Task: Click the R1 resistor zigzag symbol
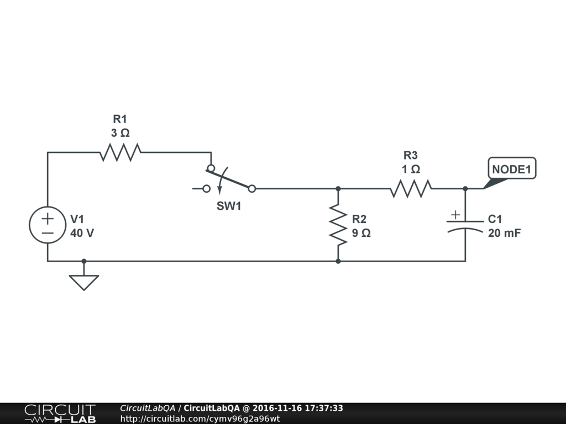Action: pos(120,152)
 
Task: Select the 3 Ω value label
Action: pos(120,133)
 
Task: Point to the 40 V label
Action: pos(82,233)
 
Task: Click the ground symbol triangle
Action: pos(83,282)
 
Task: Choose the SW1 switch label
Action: pos(229,206)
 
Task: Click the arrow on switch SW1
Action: pos(219,188)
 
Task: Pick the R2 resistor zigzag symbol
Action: pos(338,224)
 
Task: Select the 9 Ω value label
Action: pos(361,233)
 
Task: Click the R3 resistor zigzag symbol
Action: pos(411,189)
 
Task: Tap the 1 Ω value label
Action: pos(411,169)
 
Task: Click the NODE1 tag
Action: pos(511,169)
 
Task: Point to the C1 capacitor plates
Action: pos(465,225)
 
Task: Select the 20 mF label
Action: pos(504,233)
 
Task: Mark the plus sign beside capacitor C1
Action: pos(455,214)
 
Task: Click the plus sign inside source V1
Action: pos(48,218)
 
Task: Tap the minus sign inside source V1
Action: pos(48,233)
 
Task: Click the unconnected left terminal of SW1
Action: pos(206,189)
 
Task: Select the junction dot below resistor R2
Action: pos(338,261)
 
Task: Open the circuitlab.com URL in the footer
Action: pos(200,418)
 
